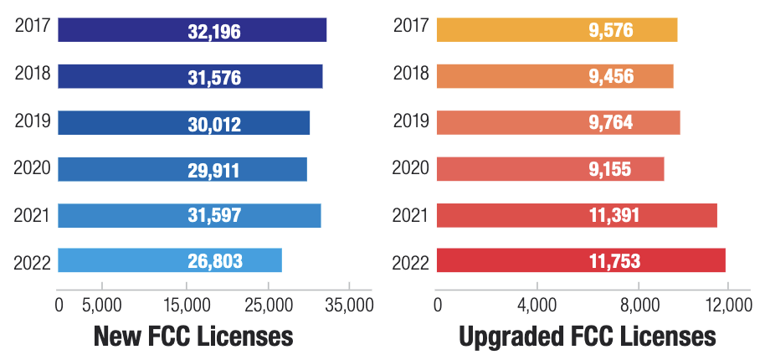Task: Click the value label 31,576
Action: pyautogui.click(x=214, y=77)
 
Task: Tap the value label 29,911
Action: pyautogui.click(x=213, y=169)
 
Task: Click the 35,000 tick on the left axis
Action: pyautogui.click(x=348, y=306)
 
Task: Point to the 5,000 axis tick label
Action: pyautogui.click(x=100, y=306)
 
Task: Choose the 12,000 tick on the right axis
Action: pyautogui.click(x=726, y=306)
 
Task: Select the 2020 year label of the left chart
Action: pyautogui.click(x=33, y=168)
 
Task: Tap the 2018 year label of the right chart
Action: pyautogui.click(x=411, y=74)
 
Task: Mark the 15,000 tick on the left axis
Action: pyautogui.click(x=185, y=306)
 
